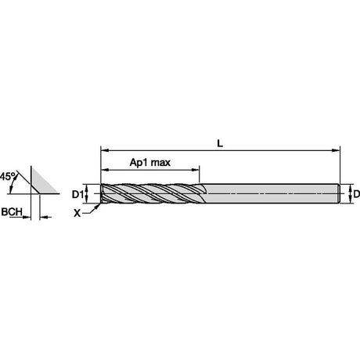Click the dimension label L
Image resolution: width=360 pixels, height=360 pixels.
(x=220, y=143)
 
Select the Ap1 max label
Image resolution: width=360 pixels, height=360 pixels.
(x=150, y=163)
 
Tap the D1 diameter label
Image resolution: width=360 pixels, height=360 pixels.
(x=77, y=194)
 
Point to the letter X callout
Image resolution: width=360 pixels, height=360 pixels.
(x=77, y=214)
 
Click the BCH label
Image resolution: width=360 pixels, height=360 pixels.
(x=12, y=212)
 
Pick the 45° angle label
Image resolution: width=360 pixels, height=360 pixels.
(x=8, y=176)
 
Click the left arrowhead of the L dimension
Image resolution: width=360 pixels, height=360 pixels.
(x=105, y=150)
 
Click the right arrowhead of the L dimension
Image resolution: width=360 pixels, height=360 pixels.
(x=336, y=150)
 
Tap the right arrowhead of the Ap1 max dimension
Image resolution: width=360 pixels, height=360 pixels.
(x=196, y=170)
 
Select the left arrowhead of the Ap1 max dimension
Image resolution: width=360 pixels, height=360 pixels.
(x=105, y=170)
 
